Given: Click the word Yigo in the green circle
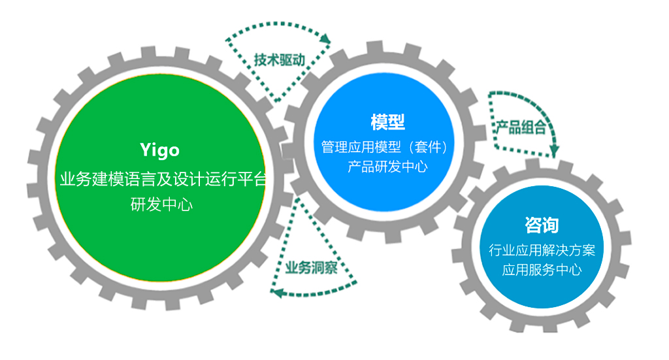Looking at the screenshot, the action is click(160, 150).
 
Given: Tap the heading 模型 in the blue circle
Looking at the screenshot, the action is click(387, 122).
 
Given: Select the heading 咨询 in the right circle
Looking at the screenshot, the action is click(542, 225).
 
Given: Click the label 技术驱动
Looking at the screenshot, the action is click(280, 60).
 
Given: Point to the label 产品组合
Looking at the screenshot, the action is click(521, 127).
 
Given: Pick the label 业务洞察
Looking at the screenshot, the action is click(312, 267).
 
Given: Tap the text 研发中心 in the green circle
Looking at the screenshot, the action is click(162, 205).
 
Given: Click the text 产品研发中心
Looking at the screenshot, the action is click(387, 167).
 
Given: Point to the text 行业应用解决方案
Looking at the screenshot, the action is click(542, 250).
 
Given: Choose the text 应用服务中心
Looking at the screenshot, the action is click(542, 270).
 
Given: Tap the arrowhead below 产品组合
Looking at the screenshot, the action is click(554, 151).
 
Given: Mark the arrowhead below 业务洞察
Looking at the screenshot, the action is click(277, 293).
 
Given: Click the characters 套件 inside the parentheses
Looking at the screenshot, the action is click(428, 147).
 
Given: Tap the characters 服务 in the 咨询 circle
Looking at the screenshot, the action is click(542, 270).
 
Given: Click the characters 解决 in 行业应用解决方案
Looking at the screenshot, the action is click(542, 250).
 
